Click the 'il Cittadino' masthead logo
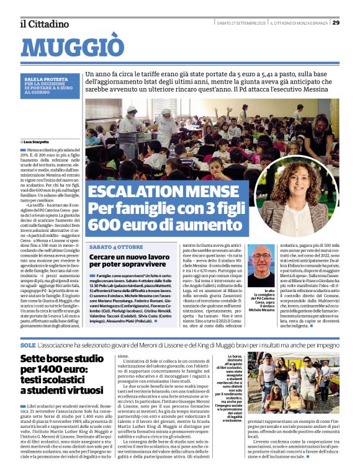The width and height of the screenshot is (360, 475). pyautogui.click(x=44, y=24)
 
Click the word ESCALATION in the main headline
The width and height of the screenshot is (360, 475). pyautogui.click(x=138, y=192)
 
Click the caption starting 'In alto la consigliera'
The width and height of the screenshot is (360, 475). pyautogui.click(x=261, y=300)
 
